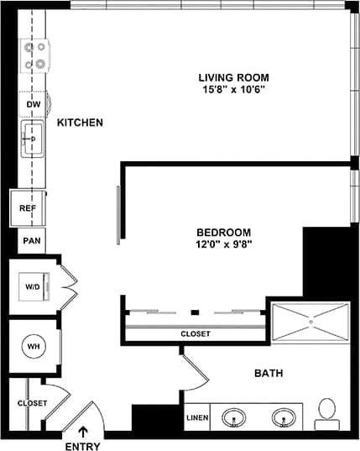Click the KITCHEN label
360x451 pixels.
[x=80, y=123]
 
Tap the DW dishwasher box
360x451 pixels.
[x=34, y=104]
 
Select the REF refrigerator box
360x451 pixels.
[x=26, y=207]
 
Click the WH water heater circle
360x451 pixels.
[x=34, y=346]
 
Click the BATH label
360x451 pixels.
[x=269, y=373]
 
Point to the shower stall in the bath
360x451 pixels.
[x=310, y=321]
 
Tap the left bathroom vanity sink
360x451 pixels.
[x=235, y=417]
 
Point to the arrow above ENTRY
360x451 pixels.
[x=82, y=432]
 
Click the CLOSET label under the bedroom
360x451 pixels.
[x=196, y=334]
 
